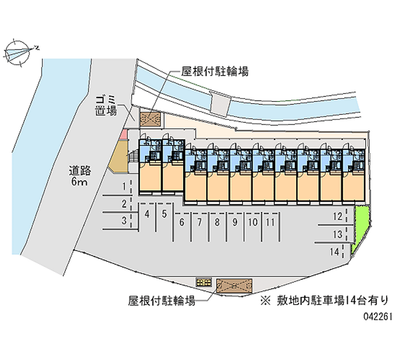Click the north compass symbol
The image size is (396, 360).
18,52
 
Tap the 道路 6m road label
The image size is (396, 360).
80,176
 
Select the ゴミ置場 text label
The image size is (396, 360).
106,105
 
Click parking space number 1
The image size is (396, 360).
124,187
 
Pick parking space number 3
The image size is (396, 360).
124,220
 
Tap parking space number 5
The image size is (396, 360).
164,214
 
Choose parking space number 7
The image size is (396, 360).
199,222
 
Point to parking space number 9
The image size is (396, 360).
235,222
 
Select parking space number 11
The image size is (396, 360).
270,222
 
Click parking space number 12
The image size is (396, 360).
338,216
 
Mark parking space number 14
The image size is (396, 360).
335,252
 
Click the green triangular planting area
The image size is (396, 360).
360,225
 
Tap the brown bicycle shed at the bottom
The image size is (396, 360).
234,286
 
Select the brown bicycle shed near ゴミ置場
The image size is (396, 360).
151,119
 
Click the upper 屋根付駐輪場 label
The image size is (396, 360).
215,71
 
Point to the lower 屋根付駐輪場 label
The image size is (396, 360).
162,301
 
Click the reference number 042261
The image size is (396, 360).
378,316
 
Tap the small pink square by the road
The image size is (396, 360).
123,134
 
